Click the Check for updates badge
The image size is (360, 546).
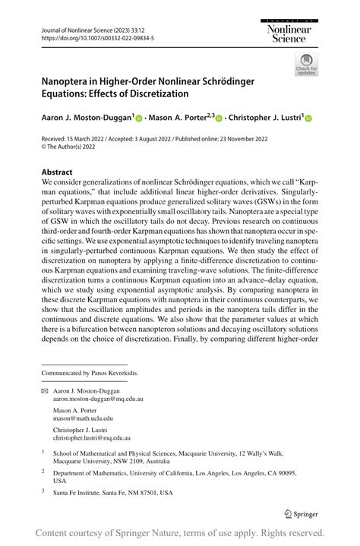[305, 64]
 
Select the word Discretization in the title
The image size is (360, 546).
[164, 93]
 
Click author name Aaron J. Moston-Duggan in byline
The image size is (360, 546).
[87, 118]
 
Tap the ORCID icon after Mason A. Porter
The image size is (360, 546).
[219, 118]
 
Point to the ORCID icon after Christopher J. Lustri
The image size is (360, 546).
[309, 118]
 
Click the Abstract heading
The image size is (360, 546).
[57, 172]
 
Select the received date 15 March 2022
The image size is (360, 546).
[92, 139]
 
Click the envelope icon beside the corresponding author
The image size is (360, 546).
[44, 389]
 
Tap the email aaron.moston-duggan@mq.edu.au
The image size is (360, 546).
[98, 398]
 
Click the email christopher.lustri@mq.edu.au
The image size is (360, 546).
[92, 437]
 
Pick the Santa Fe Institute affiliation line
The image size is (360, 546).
[112, 492]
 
